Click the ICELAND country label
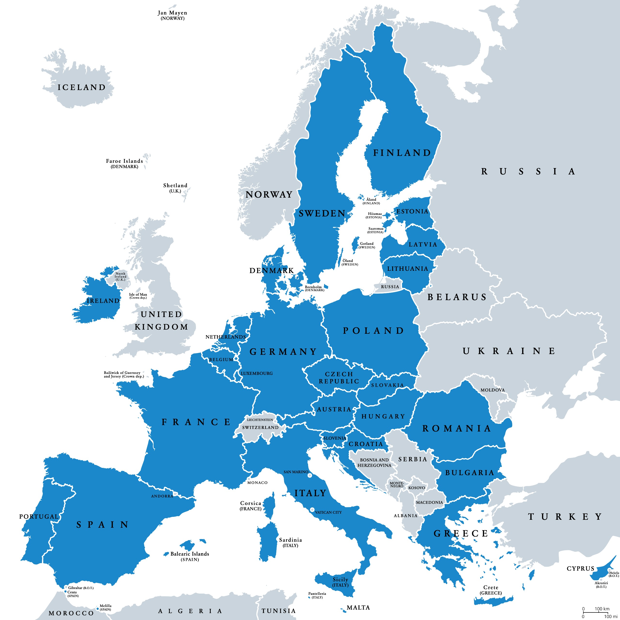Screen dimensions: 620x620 [x=82, y=87]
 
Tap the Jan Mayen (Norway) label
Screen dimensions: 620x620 [x=172, y=15]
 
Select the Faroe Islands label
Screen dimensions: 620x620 [x=124, y=163]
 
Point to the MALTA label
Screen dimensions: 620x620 [x=358, y=607]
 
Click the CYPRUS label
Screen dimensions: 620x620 [x=581, y=568]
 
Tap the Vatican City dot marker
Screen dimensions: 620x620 [x=312, y=510]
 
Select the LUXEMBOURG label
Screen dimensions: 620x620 [x=257, y=373]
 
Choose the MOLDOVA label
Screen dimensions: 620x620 [x=493, y=390]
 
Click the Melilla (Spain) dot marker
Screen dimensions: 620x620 [x=98, y=608]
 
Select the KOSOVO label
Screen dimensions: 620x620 [x=417, y=488]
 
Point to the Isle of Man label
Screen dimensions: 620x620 [x=138, y=295]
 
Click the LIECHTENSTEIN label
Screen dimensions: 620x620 [x=260, y=420]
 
